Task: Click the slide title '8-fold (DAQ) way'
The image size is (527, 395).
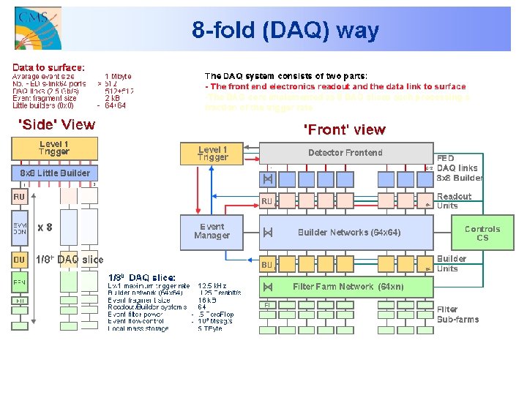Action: (285, 31)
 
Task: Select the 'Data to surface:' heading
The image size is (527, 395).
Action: (48, 67)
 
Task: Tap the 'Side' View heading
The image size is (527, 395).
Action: (56, 124)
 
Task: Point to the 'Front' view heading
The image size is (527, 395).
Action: (344, 129)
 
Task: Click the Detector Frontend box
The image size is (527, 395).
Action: (345, 153)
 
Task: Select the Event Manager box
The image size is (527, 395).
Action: (212, 231)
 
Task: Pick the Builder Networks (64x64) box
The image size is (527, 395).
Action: (348, 233)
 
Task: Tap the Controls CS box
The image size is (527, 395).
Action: (482, 233)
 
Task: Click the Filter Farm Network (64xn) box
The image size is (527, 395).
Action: (348, 287)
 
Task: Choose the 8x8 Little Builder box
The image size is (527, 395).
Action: (54, 173)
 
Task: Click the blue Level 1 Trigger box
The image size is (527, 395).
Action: (212, 153)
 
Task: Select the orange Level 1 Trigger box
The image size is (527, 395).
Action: (53, 148)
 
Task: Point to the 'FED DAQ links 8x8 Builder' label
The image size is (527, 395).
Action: (459, 168)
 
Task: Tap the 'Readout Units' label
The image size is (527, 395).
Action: (454, 201)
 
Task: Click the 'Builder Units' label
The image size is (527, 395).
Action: (452, 263)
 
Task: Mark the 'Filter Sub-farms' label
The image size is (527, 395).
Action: (457, 315)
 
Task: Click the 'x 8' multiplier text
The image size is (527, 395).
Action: (45, 227)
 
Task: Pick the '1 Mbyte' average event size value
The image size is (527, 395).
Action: (118, 76)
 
